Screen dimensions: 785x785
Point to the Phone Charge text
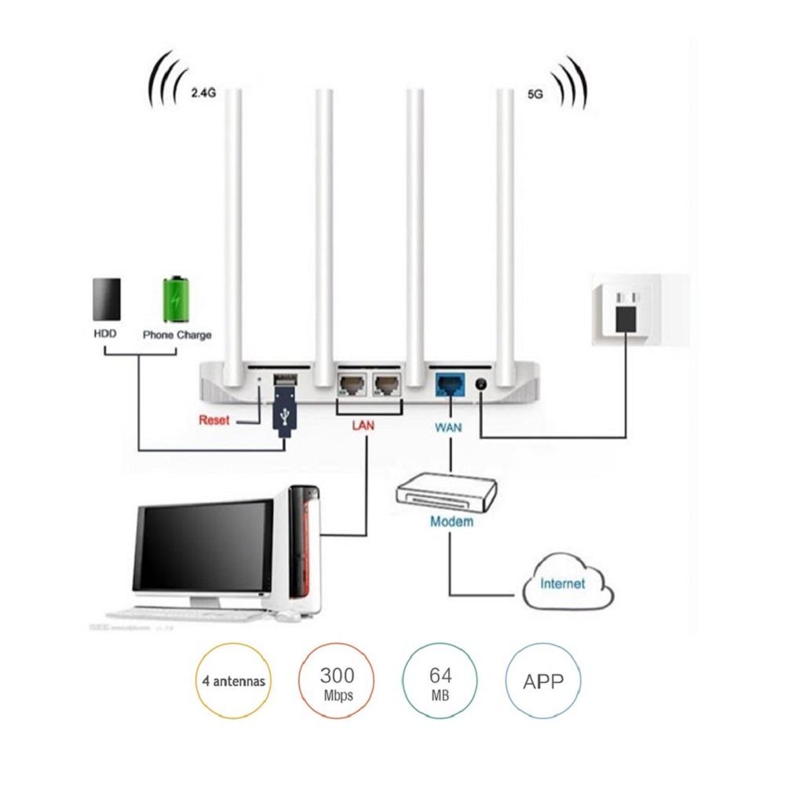[x=177, y=334]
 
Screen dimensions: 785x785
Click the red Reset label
[x=214, y=420]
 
